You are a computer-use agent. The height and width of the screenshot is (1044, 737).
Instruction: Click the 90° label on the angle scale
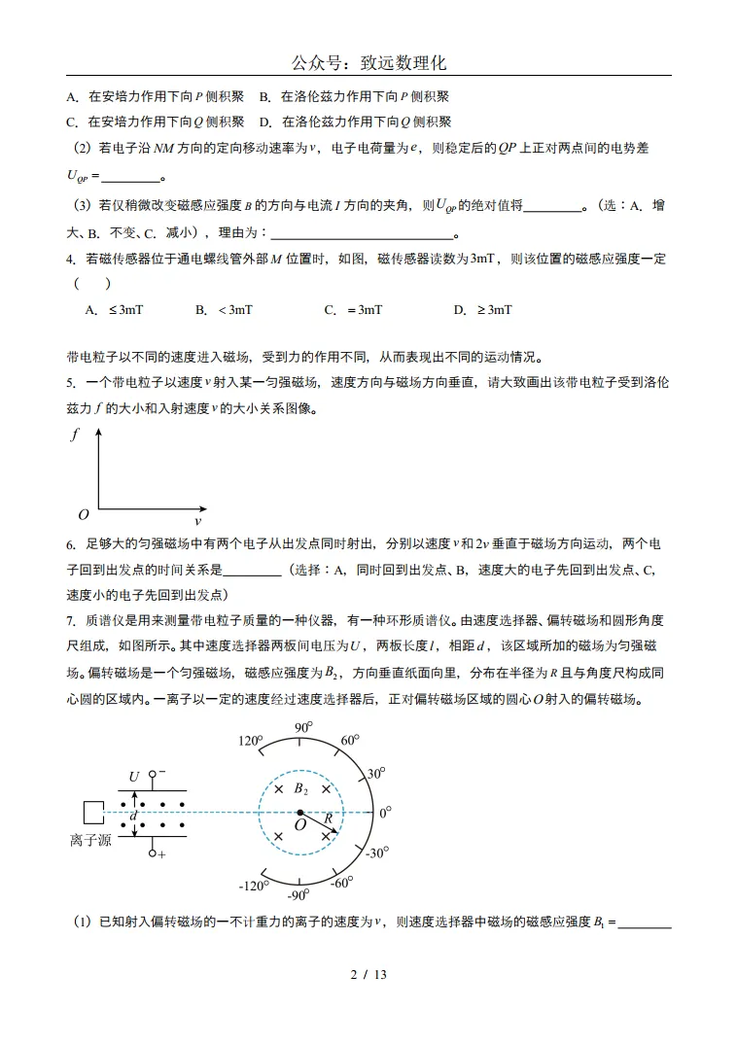302,728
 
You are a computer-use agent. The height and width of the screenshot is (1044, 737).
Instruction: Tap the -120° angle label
254,886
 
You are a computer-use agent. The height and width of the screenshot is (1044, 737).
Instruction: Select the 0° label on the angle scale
385,811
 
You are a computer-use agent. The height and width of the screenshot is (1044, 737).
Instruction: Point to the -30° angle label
378,853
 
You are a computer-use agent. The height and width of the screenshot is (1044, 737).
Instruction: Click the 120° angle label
251,742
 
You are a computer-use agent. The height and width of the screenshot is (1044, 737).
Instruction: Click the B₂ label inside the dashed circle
301,788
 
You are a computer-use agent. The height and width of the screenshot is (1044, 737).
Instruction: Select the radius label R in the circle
329,818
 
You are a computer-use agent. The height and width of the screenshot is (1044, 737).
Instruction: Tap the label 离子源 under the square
90,840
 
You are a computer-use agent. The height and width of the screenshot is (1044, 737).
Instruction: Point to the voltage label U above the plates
134,776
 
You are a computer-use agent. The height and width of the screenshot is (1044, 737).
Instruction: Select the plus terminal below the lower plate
154,853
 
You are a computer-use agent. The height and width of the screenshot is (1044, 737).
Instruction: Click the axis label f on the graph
75,435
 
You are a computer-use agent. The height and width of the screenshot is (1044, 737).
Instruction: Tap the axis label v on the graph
198,521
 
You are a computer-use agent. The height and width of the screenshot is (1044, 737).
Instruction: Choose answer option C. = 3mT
353,309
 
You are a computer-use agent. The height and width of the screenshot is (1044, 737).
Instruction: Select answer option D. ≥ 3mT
482,309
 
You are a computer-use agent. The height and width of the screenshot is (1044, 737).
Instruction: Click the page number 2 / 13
368,974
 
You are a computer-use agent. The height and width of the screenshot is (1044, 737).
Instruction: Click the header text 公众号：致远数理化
368,63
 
